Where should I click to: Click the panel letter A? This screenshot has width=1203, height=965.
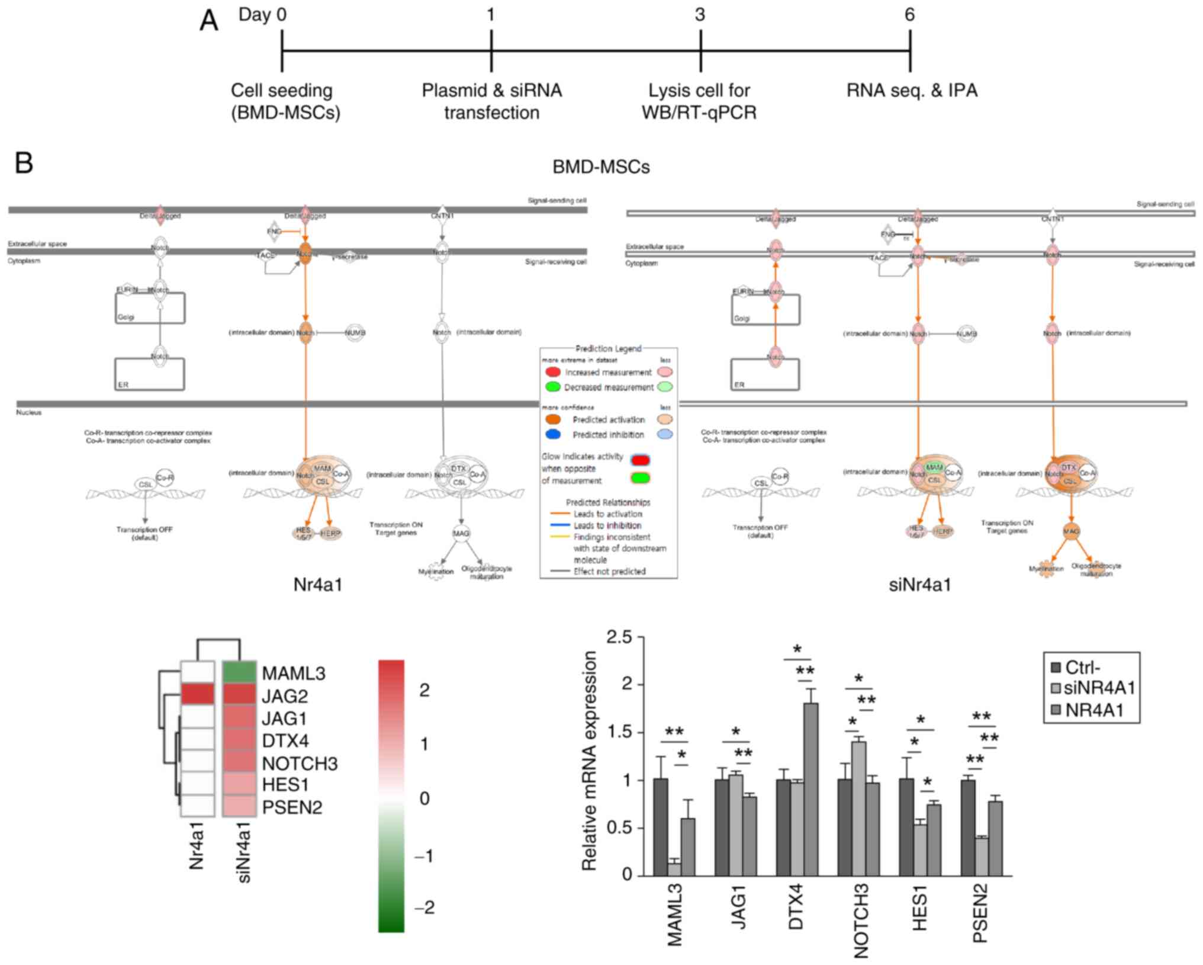click(x=209, y=21)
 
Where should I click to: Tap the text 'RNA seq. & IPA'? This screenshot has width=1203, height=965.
click(x=912, y=91)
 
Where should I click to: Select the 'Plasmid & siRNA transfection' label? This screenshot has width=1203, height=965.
click(x=491, y=101)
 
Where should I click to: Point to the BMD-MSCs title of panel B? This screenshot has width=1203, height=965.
click(x=601, y=167)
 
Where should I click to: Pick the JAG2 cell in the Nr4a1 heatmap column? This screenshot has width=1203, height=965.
click(x=197, y=695)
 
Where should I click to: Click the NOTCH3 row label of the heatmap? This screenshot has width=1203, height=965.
click(x=300, y=763)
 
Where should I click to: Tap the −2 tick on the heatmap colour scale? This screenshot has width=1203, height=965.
click(x=424, y=907)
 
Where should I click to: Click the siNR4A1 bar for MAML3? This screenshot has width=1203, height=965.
click(x=674, y=868)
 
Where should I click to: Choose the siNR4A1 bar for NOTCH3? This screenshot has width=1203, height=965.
click(x=858, y=808)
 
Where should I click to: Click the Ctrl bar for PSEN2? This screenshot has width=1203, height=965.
click(x=968, y=828)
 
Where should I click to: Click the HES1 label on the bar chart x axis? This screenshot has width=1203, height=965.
click(x=919, y=912)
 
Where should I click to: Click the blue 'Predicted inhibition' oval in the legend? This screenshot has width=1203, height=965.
click(x=553, y=434)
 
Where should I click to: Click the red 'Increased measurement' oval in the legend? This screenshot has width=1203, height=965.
click(x=553, y=372)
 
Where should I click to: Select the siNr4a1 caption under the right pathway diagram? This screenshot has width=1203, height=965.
click(x=919, y=585)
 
